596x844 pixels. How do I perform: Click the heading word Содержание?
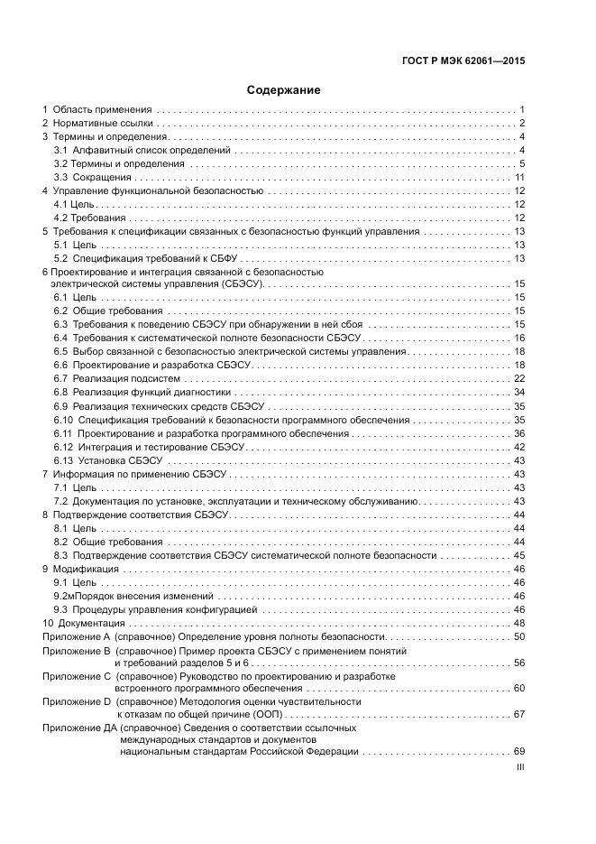point(284,90)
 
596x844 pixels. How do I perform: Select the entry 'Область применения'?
point(102,109)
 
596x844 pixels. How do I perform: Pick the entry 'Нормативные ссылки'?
point(104,123)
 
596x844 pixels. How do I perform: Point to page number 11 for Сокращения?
point(519,178)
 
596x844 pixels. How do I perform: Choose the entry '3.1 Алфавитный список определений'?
point(142,150)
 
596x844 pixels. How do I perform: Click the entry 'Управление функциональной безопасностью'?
point(158,191)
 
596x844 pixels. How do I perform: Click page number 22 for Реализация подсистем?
point(519,378)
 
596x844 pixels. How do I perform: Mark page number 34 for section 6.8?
point(519,393)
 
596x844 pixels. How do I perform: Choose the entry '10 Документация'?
point(88,624)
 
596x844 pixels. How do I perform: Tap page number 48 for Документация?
point(519,624)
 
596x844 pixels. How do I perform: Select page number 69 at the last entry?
point(519,751)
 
